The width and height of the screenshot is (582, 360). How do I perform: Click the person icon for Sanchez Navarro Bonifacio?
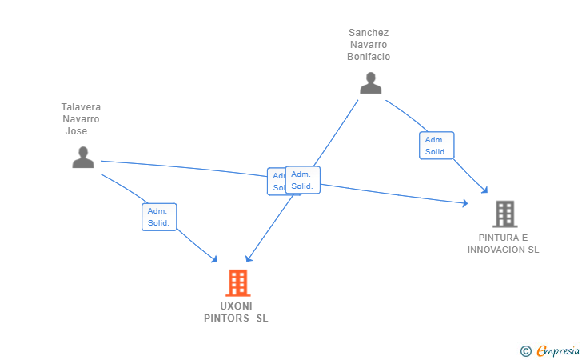click(370, 83)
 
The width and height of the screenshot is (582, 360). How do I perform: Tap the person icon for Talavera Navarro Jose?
click(83, 158)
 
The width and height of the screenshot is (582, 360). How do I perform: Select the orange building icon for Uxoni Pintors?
click(237, 282)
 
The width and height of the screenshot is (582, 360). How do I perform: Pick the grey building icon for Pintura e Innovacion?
click(504, 214)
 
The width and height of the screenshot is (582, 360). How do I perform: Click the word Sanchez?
click(369, 33)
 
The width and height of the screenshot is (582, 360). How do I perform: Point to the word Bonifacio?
click(369, 57)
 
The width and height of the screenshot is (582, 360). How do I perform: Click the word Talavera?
click(81, 107)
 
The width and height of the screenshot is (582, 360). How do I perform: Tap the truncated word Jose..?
click(81, 131)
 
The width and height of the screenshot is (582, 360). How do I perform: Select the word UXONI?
click(236, 306)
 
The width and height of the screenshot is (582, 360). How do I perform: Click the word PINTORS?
click(226, 318)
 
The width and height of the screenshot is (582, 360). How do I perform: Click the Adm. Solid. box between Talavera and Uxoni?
click(159, 217)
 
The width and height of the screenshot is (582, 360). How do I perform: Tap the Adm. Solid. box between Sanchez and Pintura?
click(436, 146)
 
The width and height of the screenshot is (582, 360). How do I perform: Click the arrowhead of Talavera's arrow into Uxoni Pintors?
click(214, 259)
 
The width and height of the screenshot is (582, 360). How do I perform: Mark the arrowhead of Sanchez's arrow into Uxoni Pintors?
click(249, 258)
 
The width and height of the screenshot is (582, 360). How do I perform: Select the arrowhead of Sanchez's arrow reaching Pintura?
click(484, 190)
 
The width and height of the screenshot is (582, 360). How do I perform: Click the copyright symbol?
click(525, 350)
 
